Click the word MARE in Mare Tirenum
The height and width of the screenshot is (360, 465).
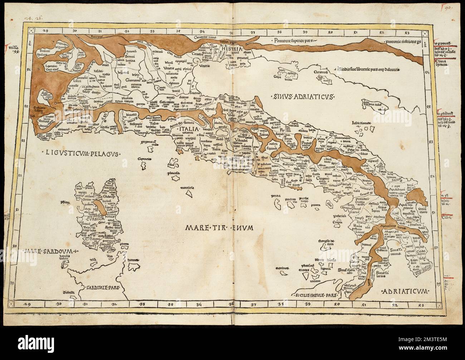point(198,226)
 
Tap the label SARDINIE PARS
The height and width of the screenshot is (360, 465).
point(102,287)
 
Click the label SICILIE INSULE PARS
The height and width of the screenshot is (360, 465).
point(314,296)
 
